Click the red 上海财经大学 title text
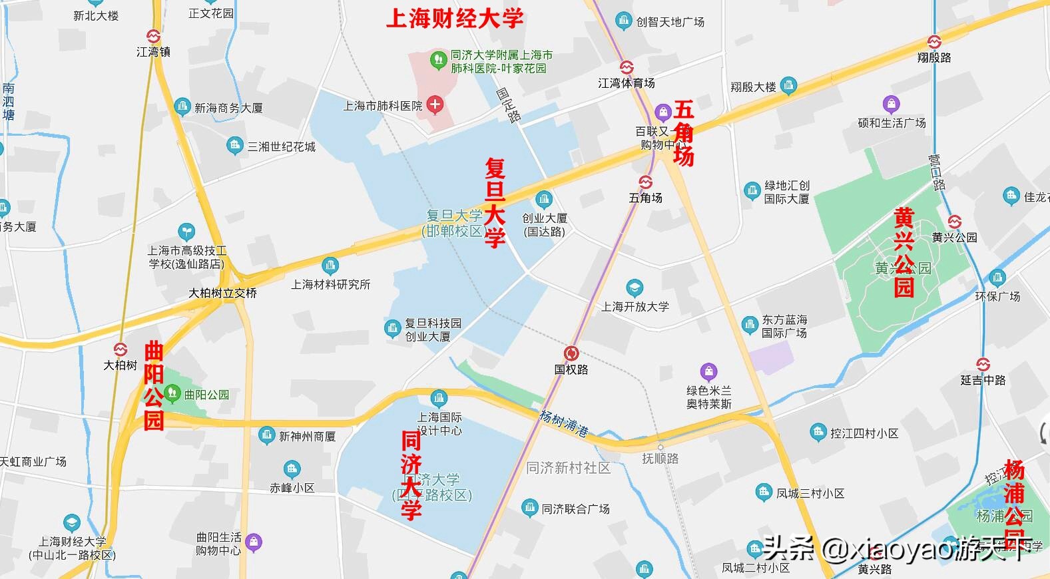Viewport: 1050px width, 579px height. pyautogui.click(x=455, y=18)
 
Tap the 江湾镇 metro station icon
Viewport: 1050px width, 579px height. pyautogui.click(x=154, y=37)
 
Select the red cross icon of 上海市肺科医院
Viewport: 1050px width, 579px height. pyautogui.click(x=435, y=104)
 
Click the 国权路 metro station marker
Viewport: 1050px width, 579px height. pyautogui.click(x=571, y=353)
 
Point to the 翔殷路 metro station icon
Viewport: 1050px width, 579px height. pyautogui.click(x=934, y=42)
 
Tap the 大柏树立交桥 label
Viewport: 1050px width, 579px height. pyautogui.click(x=222, y=293)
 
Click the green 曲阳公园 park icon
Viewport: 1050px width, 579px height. pyautogui.click(x=173, y=393)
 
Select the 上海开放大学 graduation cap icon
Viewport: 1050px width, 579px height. pyautogui.click(x=635, y=288)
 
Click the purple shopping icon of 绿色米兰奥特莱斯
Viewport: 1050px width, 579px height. pyautogui.click(x=708, y=372)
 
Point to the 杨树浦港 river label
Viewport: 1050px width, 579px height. pyautogui.click(x=563, y=423)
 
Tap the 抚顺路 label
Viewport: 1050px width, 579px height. pyautogui.click(x=660, y=458)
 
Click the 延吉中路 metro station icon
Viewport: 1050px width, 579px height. pyautogui.click(x=983, y=364)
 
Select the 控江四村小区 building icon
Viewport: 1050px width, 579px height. pyautogui.click(x=818, y=433)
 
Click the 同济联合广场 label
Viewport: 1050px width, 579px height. pyautogui.click(x=575, y=508)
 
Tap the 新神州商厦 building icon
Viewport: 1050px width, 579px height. pyautogui.click(x=267, y=436)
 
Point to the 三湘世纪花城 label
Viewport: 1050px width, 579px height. pyautogui.click(x=281, y=146)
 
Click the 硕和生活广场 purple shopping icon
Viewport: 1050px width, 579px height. pyautogui.click(x=891, y=104)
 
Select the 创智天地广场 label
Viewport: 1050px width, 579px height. pyautogui.click(x=670, y=22)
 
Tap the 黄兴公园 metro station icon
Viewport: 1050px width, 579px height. pyautogui.click(x=955, y=222)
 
